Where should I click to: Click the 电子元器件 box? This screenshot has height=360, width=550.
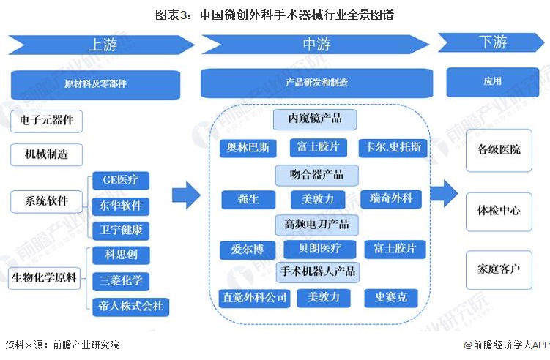[47, 119]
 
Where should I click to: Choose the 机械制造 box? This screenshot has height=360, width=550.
[47, 154]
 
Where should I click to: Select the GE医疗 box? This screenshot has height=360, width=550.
[121, 180]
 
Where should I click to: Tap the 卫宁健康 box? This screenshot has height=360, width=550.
[121, 230]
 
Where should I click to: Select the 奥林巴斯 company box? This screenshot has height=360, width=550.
[248, 148]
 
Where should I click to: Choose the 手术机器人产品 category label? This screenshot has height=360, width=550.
[318, 271]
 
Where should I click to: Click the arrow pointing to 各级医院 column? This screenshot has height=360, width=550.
[444, 194]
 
